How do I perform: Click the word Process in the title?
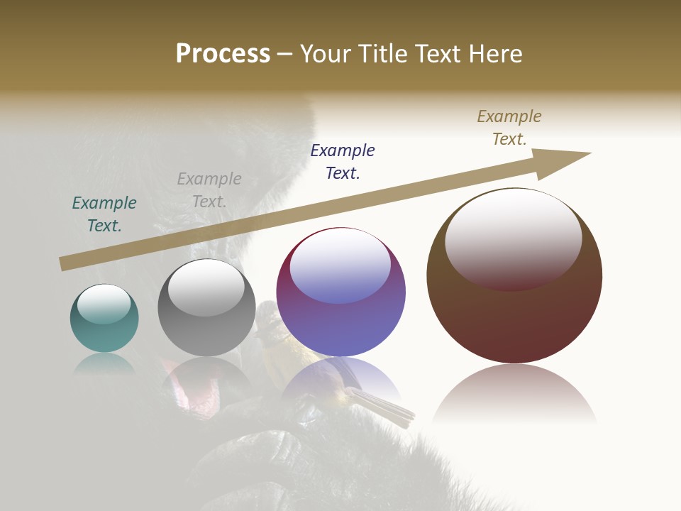223,53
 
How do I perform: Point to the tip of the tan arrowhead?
590,153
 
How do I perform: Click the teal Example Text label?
104,214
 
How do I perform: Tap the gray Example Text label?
209,190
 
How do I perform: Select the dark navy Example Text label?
343,161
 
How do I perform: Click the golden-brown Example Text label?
509,128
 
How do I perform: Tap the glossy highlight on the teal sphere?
104,303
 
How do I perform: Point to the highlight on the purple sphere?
340,264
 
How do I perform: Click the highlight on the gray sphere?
206,287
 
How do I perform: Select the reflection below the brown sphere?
514,394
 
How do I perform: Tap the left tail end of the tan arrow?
62,264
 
